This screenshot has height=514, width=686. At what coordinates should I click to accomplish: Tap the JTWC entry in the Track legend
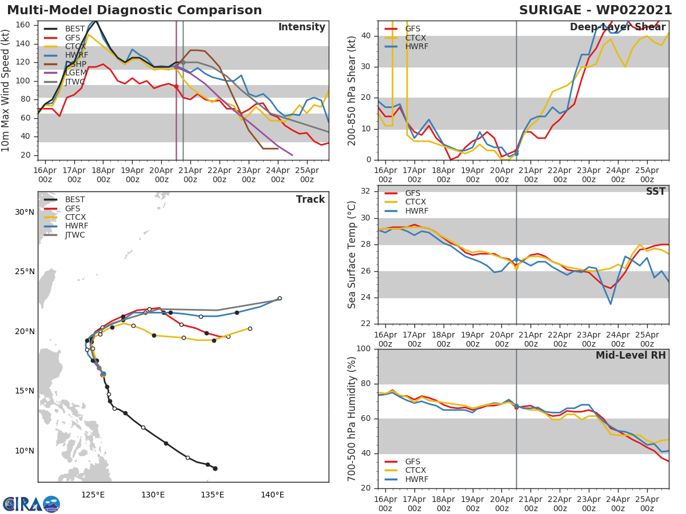tap(75, 235)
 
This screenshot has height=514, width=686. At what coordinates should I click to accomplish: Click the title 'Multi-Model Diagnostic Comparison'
tap(134, 10)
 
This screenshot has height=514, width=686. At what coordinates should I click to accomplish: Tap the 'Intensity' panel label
tap(301, 27)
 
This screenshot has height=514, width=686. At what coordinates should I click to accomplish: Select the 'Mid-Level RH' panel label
tap(631, 355)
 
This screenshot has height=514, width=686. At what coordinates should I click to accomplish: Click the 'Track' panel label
tap(310, 199)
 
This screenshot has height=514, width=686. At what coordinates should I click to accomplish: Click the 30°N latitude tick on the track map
tap(24, 212)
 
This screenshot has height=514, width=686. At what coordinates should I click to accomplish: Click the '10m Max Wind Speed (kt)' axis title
tap(6, 90)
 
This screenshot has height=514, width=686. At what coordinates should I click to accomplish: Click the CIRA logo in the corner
tap(31, 504)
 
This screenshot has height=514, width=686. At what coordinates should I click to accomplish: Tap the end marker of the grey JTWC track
tap(280, 298)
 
